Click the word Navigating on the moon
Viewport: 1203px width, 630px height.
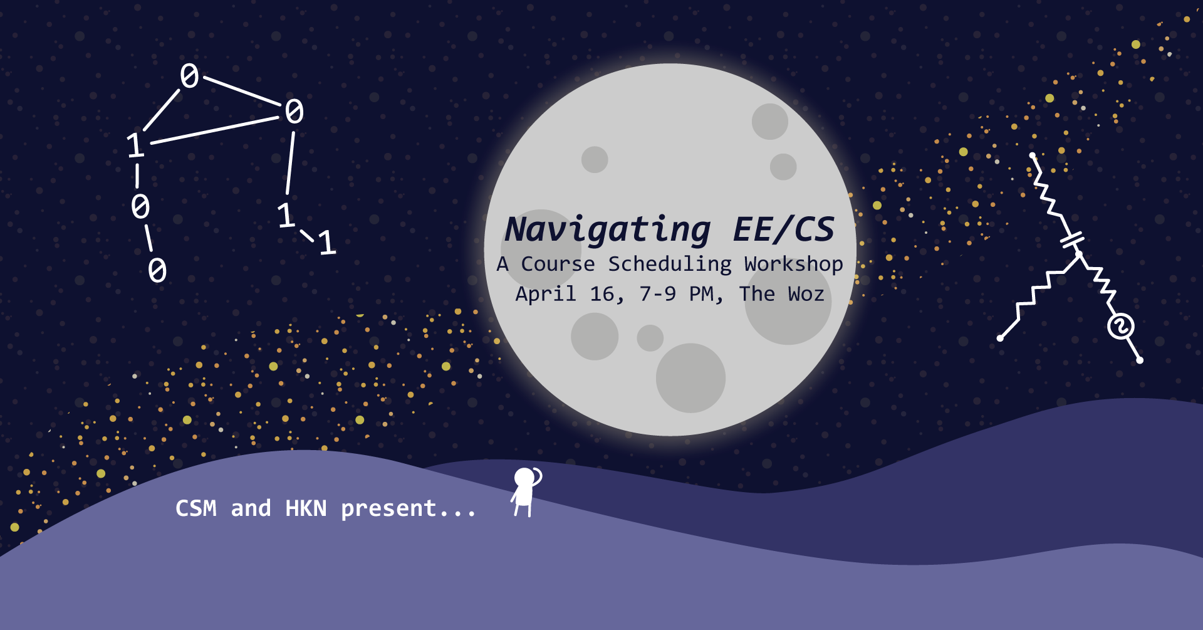pyautogui.click(x=608, y=230)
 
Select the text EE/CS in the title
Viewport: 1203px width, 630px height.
pyautogui.click(x=784, y=229)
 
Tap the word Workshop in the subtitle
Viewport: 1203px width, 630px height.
pyautogui.click(x=793, y=265)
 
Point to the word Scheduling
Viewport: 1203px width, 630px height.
pyautogui.click(x=670, y=265)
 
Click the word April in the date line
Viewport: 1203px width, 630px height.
pyautogui.click(x=546, y=294)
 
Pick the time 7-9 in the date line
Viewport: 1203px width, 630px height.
pyautogui.click(x=657, y=294)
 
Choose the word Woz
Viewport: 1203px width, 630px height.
pyautogui.click(x=806, y=294)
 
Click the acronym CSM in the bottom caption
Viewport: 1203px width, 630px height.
pyautogui.click(x=196, y=508)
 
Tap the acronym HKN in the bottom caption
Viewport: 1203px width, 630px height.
pyautogui.click(x=306, y=508)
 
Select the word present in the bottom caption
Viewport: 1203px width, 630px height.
pyautogui.click(x=388, y=508)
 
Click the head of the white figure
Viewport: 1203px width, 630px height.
pyautogui.click(x=524, y=478)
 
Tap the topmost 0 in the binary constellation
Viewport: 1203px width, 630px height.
pyautogui.click(x=189, y=76)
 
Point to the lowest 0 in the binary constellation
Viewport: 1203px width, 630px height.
pyautogui.click(x=157, y=270)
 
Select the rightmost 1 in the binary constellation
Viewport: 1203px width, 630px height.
pyautogui.click(x=327, y=243)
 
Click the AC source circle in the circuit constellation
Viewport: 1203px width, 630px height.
pyautogui.click(x=1120, y=327)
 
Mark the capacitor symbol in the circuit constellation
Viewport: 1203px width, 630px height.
pyautogui.click(x=1072, y=240)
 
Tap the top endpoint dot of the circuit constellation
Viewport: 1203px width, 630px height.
pyautogui.click(x=1032, y=155)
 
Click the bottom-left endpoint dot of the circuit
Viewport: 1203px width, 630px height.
pyautogui.click(x=1000, y=339)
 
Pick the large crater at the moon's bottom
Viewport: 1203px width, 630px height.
pyautogui.click(x=690, y=378)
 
